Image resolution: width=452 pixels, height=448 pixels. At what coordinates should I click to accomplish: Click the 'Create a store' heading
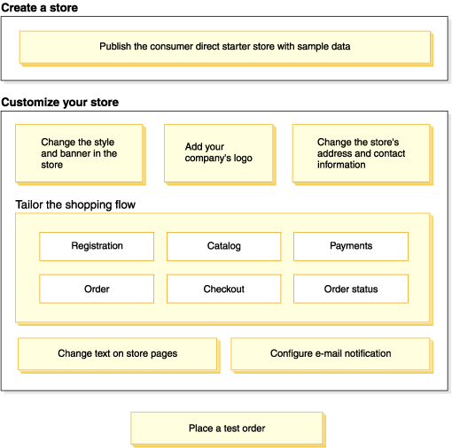pyautogui.click(x=39, y=8)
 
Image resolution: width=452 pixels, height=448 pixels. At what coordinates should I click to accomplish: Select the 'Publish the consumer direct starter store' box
pyautogui.click(x=225, y=47)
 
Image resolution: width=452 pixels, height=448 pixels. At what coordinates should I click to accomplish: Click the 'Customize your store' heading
pyautogui.click(x=60, y=102)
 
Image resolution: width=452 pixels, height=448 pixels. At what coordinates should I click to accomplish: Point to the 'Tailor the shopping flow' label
pyautogui.click(x=75, y=205)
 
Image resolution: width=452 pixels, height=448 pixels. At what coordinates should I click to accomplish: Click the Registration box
pyautogui.click(x=97, y=246)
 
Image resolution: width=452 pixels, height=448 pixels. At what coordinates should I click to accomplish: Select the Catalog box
pyautogui.click(x=223, y=246)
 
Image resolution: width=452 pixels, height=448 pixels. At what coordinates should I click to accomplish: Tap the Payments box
pyautogui.click(x=351, y=246)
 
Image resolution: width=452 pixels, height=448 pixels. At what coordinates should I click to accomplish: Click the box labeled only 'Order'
pyautogui.click(x=97, y=289)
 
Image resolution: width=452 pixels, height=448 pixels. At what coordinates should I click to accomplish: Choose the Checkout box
pyautogui.click(x=223, y=289)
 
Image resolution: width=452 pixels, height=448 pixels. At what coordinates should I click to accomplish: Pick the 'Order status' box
pyautogui.click(x=351, y=289)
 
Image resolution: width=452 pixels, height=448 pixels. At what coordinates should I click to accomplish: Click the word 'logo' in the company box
pyautogui.click(x=243, y=158)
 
